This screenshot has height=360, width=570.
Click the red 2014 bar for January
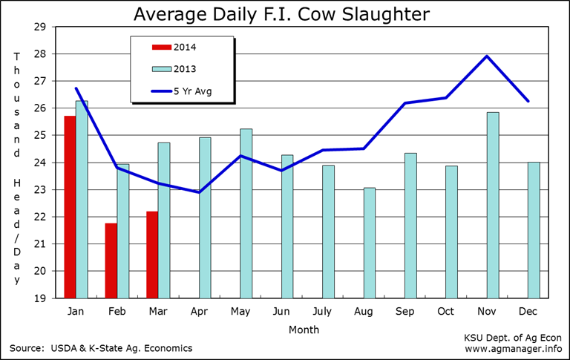(70, 207)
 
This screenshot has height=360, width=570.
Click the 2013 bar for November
(493, 205)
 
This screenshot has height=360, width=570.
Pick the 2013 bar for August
(370, 243)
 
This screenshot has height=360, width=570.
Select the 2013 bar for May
(246, 213)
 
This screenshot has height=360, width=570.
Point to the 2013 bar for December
(534, 230)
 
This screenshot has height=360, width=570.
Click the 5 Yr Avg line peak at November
(487, 56)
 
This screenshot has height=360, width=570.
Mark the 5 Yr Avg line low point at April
(200, 192)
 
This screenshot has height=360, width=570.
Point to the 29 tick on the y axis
(41, 27)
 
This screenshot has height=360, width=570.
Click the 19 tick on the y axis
(41, 298)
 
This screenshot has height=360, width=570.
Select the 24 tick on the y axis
(41, 163)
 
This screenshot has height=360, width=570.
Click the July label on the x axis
(322, 311)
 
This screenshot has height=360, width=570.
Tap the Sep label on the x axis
(404, 311)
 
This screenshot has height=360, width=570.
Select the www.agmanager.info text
(513, 347)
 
